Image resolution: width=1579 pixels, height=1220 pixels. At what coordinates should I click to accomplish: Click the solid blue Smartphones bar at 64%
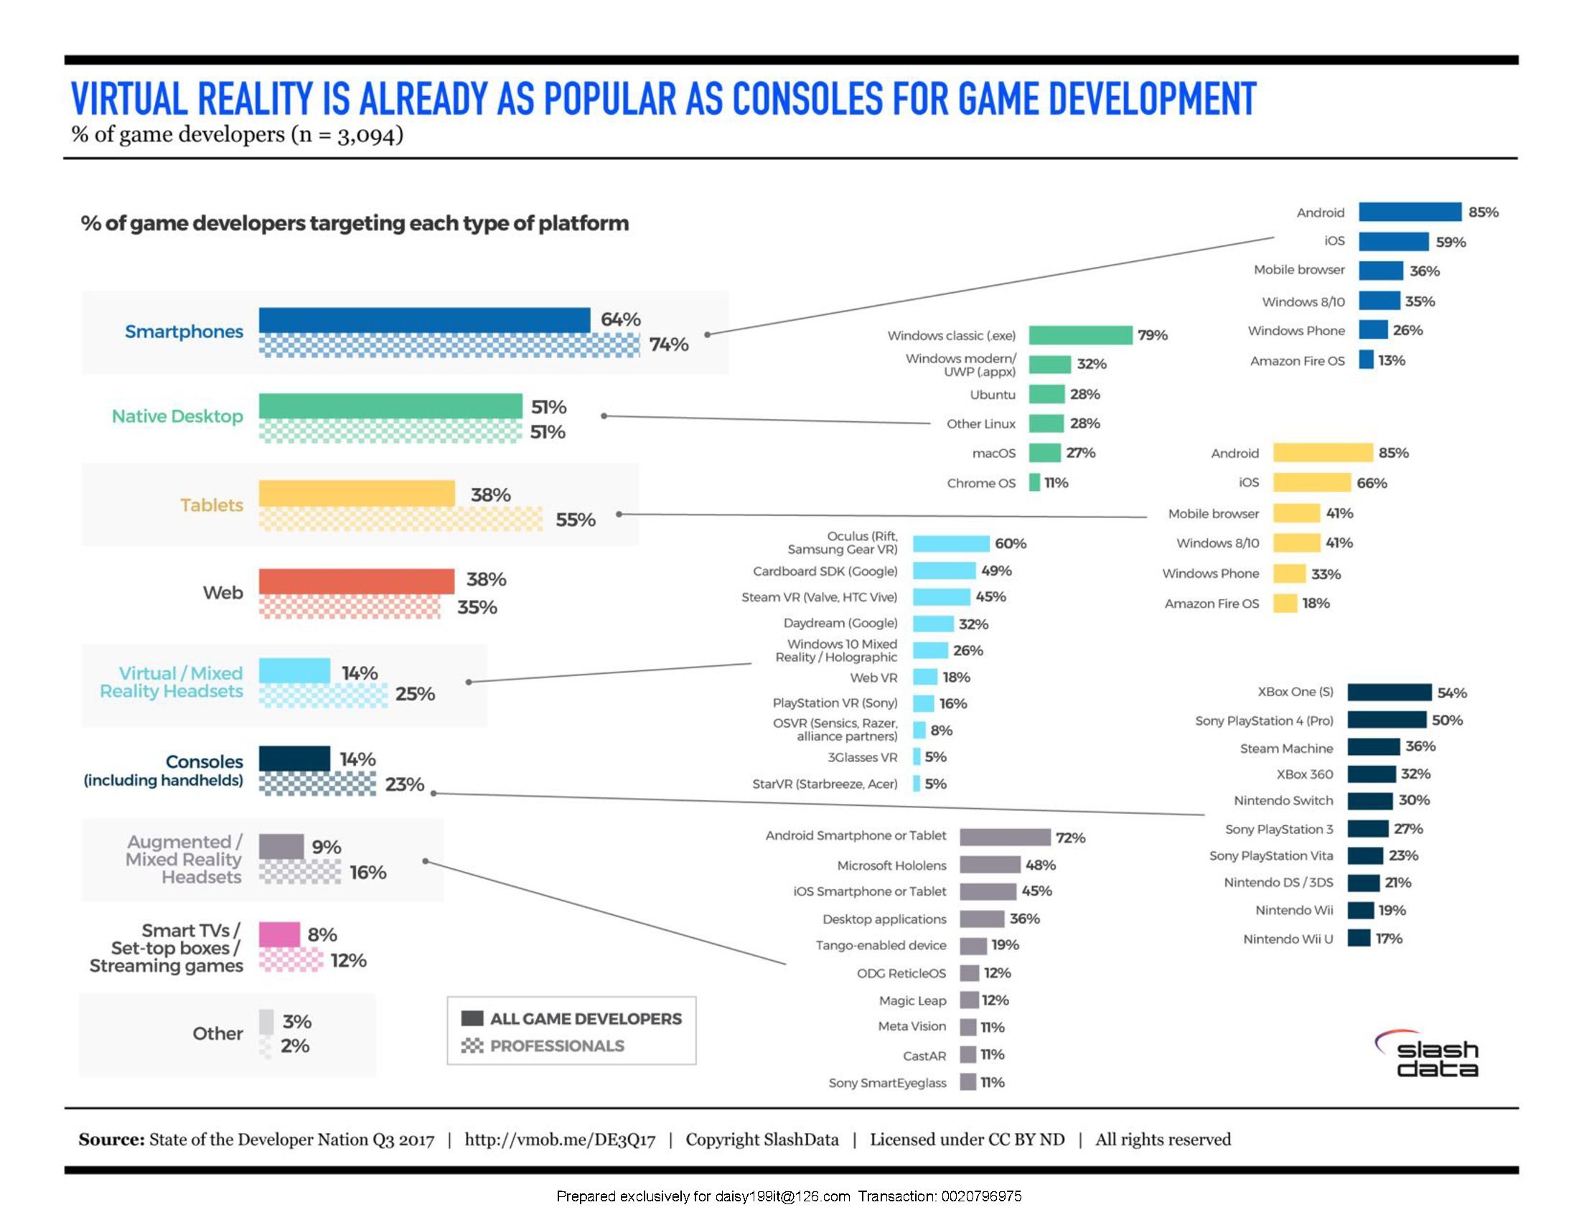(x=424, y=320)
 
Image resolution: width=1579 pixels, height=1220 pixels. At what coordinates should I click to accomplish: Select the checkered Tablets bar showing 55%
(x=400, y=519)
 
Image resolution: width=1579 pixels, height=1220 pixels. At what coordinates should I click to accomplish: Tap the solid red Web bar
(x=357, y=581)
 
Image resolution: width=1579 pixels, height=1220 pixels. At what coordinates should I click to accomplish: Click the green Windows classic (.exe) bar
(x=1080, y=335)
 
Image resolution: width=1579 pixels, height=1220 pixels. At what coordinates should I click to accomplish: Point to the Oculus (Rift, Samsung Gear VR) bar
(x=951, y=543)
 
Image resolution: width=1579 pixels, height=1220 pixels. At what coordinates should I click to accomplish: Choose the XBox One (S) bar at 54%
(x=1389, y=693)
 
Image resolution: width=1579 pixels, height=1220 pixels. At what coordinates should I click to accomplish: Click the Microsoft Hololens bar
(x=990, y=865)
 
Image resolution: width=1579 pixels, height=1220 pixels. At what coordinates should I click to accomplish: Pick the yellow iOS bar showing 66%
(x=1311, y=483)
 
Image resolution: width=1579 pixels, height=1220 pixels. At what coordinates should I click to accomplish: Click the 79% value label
(x=1153, y=335)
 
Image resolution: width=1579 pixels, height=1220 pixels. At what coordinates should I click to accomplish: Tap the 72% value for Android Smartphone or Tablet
(x=1070, y=837)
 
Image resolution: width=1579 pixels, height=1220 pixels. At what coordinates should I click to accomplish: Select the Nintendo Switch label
(x=1283, y=801)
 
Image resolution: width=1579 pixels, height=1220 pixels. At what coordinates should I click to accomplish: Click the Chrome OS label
(x=981, y=483)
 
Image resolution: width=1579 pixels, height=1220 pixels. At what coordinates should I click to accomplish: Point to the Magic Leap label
(x=912, y=1001)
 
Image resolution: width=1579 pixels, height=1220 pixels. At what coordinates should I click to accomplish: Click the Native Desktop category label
(x=177, y=416)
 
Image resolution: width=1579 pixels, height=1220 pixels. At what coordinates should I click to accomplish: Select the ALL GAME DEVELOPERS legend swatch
(x=472, y=1019)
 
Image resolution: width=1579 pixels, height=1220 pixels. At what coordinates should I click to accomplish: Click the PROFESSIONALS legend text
(x=557, y=1046)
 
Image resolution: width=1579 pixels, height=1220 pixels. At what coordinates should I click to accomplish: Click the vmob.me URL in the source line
(x=560, y=1140)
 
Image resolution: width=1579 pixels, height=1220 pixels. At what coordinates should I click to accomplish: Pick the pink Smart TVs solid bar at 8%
(x=279, y=934)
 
